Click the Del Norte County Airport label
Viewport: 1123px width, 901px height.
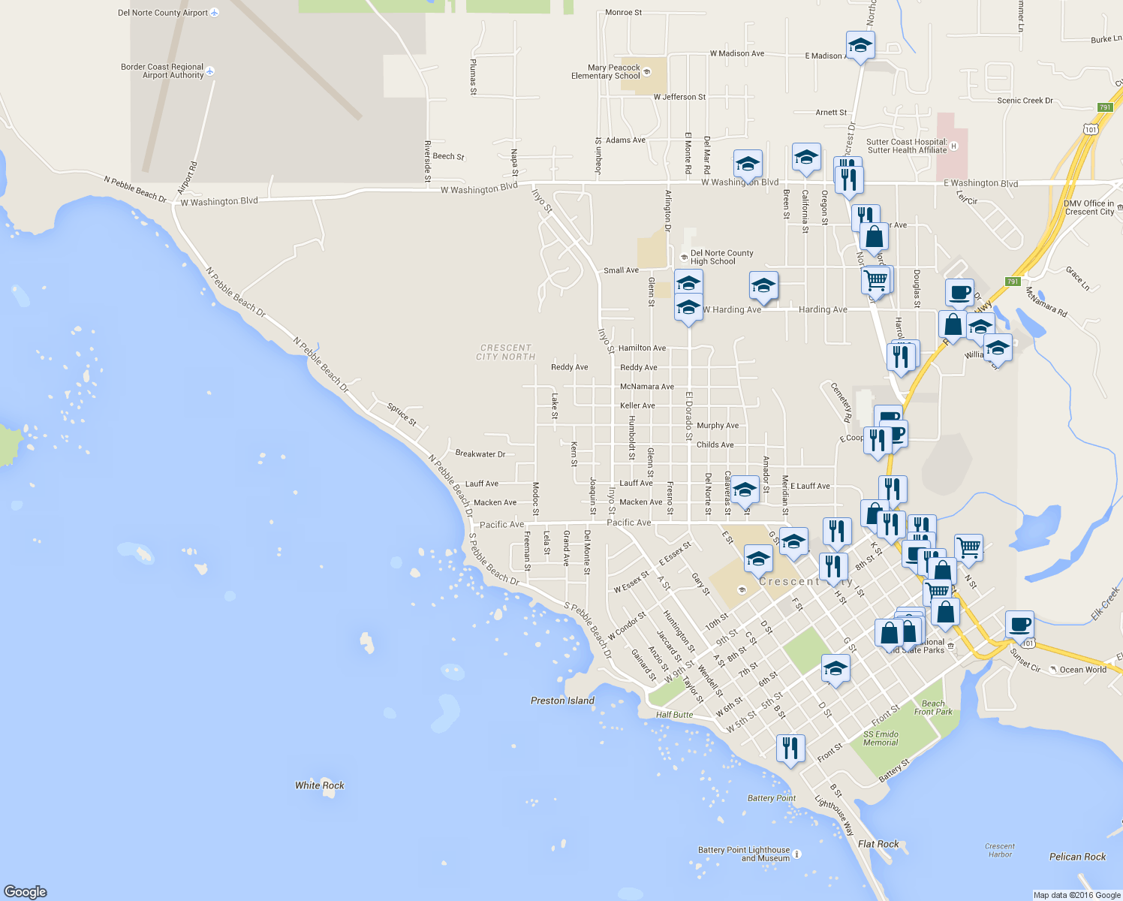point(163,13)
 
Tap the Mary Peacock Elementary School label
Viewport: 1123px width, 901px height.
point(606,71)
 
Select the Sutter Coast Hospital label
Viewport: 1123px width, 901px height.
point(907,146)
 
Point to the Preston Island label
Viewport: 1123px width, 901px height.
point(562,701)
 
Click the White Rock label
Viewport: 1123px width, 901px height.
point(320,785)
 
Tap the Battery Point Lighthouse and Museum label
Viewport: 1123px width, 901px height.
point(744,854)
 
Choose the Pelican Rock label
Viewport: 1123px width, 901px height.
point(1077,857)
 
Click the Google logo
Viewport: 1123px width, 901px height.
point(26,891)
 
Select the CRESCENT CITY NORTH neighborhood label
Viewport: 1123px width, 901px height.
point(506,352)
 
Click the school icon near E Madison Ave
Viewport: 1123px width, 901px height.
point(860,46)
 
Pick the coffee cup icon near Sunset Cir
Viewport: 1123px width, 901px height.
point(1019,624)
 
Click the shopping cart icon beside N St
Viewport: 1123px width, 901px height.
point(968,547)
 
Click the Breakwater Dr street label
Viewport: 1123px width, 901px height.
point(480,454)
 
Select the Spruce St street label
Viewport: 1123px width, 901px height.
point(402,414)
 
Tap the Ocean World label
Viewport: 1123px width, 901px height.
point(1082,670)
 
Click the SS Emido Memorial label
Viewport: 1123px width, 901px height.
point(881,738)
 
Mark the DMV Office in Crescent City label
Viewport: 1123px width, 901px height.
point(1089,207)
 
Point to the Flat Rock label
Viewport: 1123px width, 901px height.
point(878,844)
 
